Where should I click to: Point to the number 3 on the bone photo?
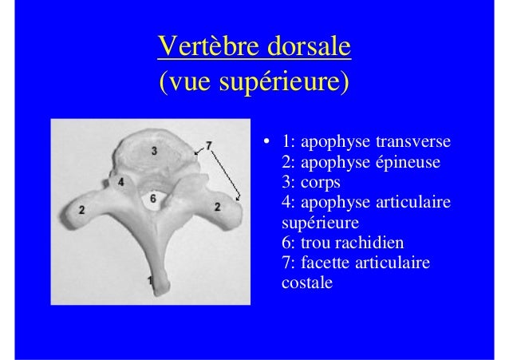click(x=153, y=149)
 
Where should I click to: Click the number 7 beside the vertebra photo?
click(x=209, y=144)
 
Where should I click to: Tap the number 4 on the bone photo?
click(x=121, y=182)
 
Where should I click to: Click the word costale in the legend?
click(x=306, y=282)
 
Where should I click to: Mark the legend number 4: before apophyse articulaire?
click(x=289, y=203)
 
